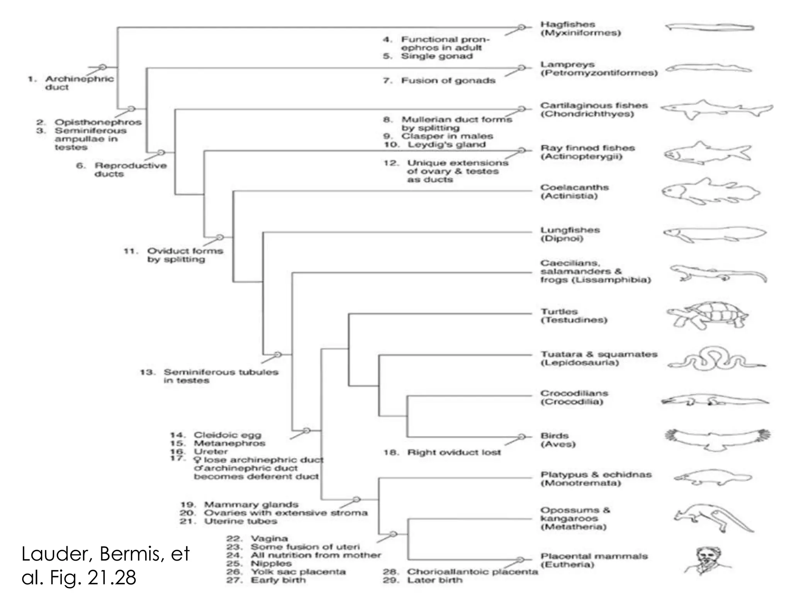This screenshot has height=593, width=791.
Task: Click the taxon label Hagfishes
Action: pyautogui.click(x=567, y=25)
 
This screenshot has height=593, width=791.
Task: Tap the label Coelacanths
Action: pyautogui.click(x=574, y=187)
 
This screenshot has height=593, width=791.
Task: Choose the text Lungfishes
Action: pyautogui.click(x=570, y=230)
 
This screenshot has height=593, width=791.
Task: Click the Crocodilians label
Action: pyautogui.click(x=574, y=393)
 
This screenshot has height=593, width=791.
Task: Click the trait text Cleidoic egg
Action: pyautogui.click(x=227, y=435)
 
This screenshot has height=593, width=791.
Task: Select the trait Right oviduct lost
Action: pyautogui.click(x=453, y=452)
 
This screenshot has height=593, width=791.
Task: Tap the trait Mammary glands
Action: pyautogui.click(x=251, y=505)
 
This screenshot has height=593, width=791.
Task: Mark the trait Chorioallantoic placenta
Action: pyautogui.click(x=472, y=572)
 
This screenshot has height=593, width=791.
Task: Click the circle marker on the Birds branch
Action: pyautogui.click(x=522, y=437)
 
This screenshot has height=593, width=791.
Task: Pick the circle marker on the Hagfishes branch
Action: pyautogui.click(x=522, y=27)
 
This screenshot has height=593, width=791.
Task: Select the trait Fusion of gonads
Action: pyautogui.click(x=448, y=81)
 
